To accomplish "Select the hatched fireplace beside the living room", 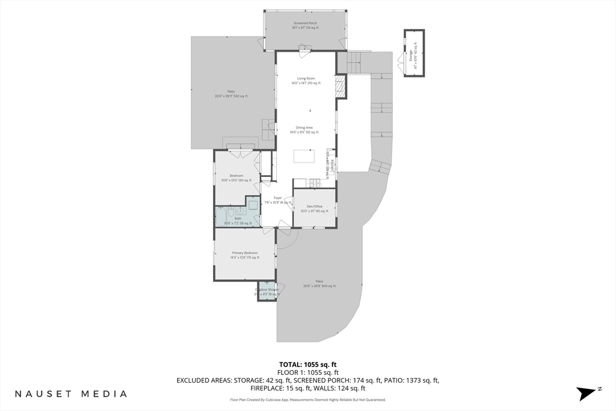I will (341, 86).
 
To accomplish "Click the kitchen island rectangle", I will (304, 156).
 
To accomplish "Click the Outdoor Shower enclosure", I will (266, 291).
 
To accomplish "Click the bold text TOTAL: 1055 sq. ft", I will (307, 364).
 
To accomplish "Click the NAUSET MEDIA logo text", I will (71, 394).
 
